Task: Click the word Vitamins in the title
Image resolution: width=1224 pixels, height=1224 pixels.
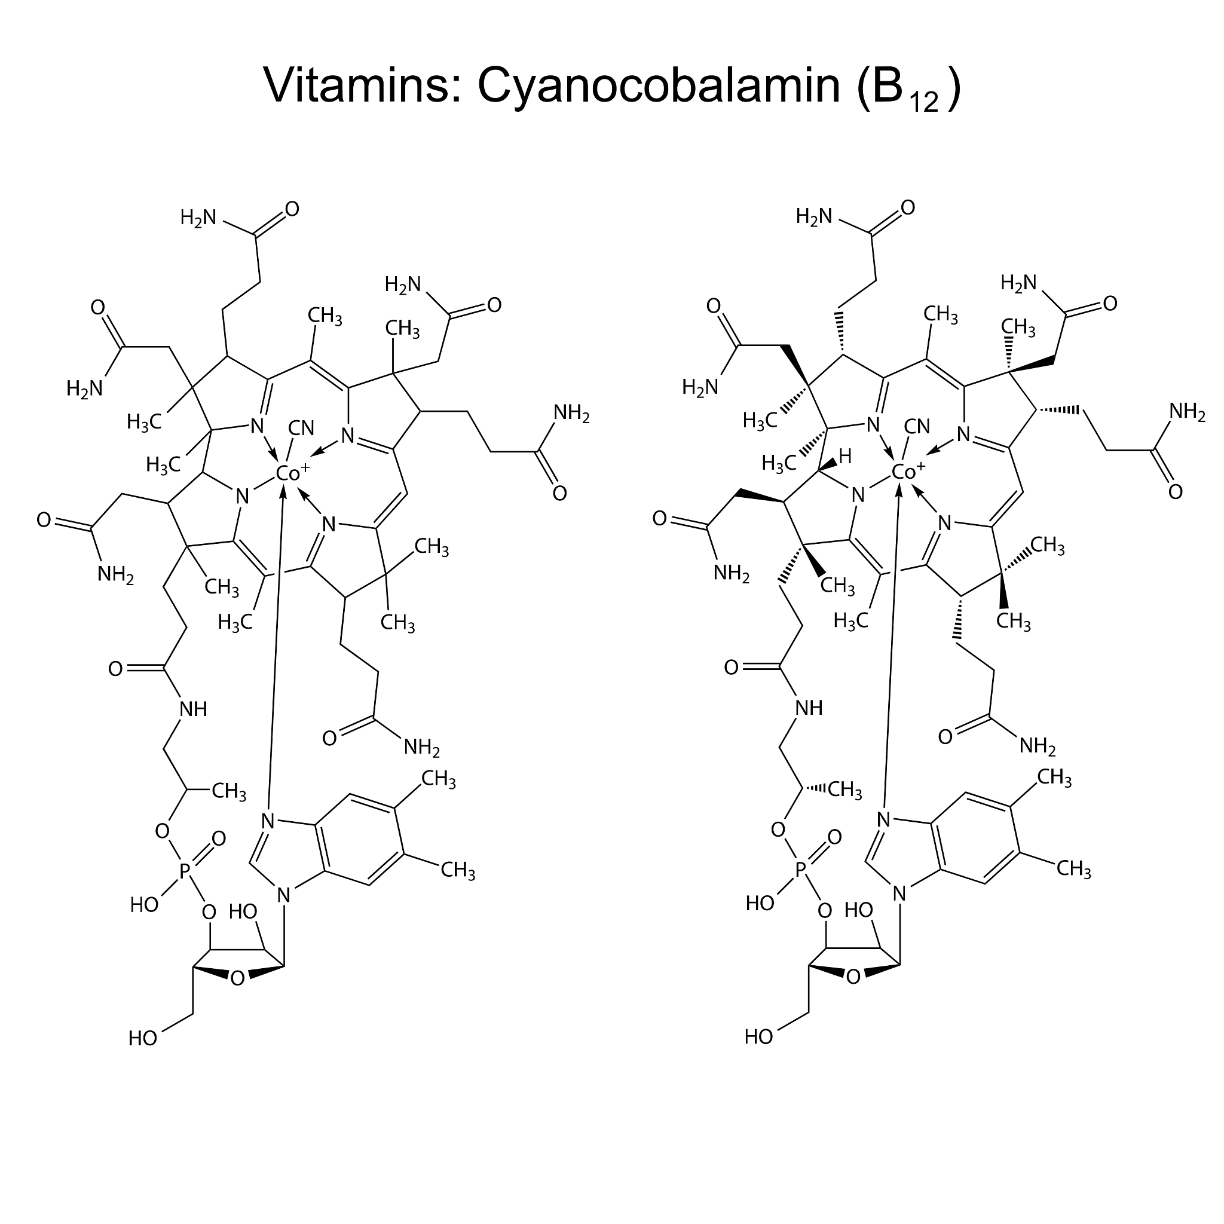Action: [358, 85]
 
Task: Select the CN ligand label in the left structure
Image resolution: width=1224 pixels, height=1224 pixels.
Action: [301, 429]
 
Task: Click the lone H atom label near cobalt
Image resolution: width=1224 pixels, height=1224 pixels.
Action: [845, 456]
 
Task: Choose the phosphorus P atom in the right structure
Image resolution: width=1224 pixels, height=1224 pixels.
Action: [800, 869]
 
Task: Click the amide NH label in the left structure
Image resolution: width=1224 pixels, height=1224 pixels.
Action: [193, 709]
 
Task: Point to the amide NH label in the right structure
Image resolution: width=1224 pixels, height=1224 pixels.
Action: [809, 708]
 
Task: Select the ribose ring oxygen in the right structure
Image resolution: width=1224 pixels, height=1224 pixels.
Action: [853, 977]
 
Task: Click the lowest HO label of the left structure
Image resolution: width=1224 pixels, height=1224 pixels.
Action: [143, 1038]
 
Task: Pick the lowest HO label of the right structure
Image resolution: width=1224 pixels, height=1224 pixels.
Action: [758, 1036]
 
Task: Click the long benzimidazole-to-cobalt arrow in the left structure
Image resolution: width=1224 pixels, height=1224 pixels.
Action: [276, 646]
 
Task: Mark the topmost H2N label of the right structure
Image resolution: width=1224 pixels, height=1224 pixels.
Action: [813, 217]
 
